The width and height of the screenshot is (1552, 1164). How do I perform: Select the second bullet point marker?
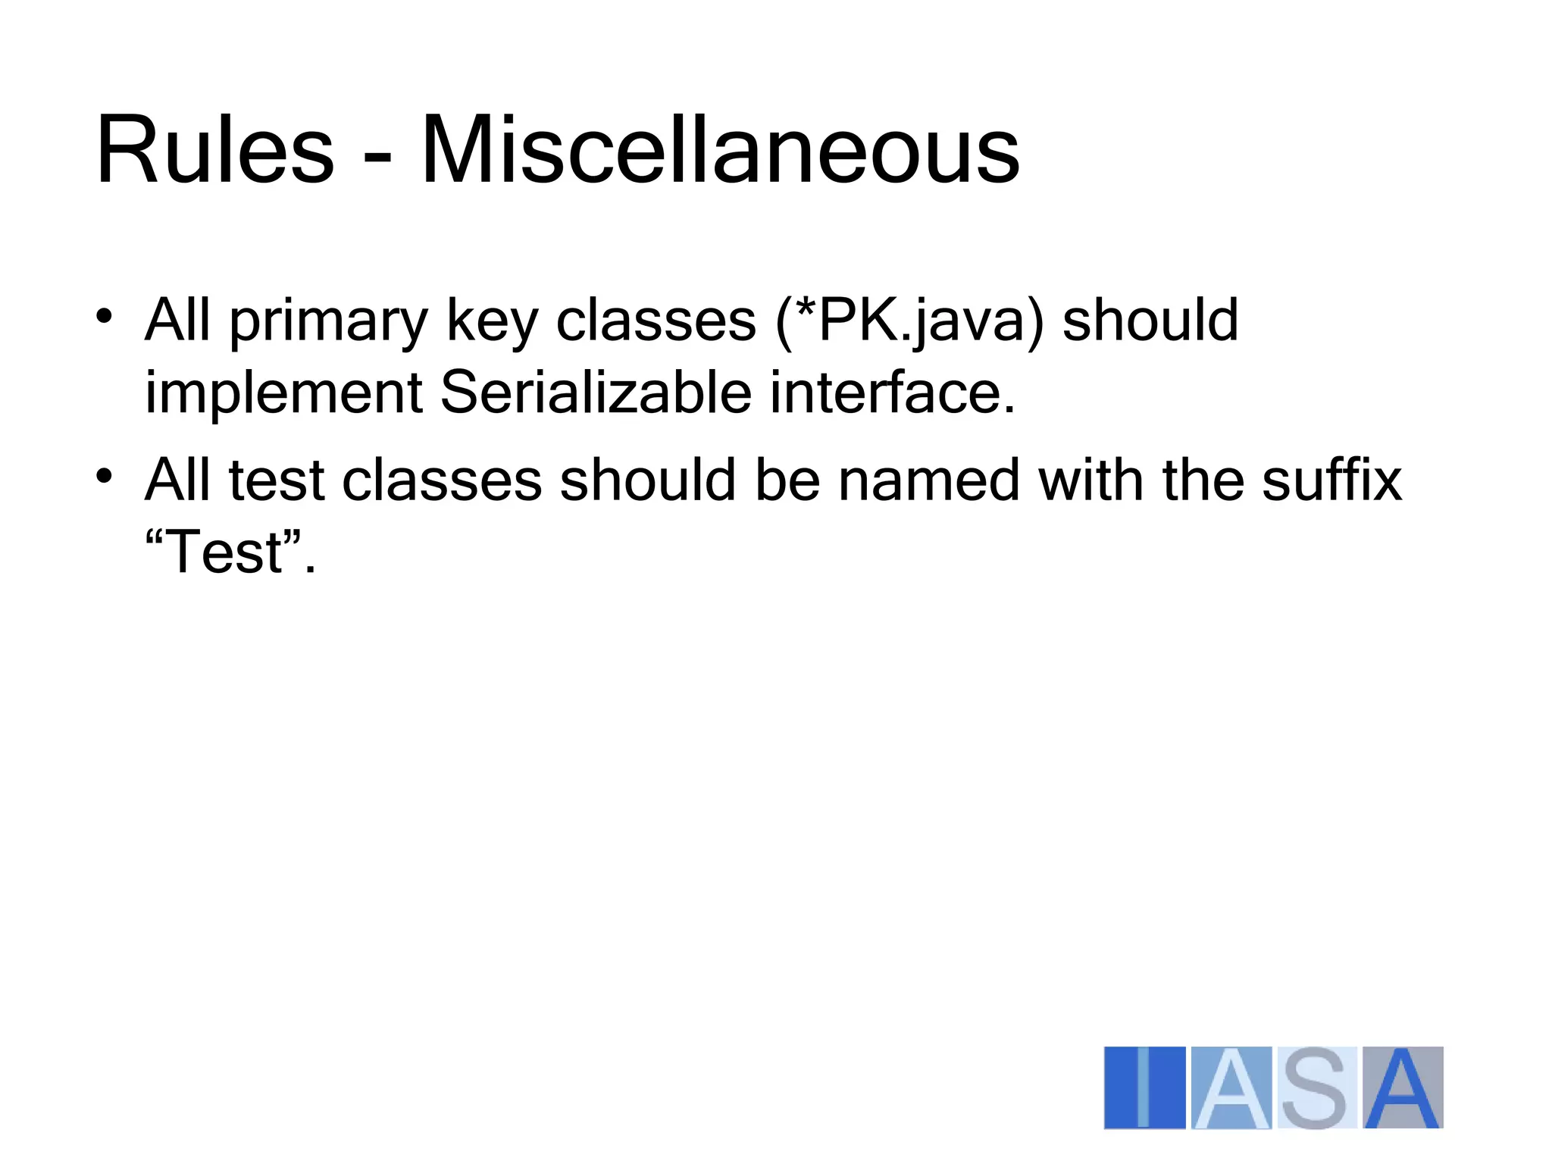tap(105, 476)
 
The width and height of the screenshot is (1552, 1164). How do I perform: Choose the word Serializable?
tap(596, 392)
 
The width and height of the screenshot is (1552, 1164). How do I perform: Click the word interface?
tap(892, 392)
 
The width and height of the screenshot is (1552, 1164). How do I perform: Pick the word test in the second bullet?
tap(276, 480)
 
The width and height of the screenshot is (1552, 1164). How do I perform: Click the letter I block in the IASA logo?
tap(1144, 1087)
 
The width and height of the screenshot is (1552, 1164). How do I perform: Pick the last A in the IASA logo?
tap(1403, 1087)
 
